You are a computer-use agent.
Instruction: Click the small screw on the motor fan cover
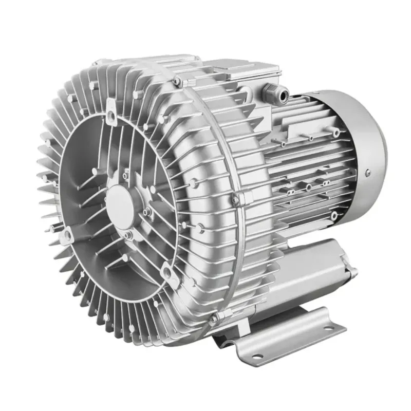368,173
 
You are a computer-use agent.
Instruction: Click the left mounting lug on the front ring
65,235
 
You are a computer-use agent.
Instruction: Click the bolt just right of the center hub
147,211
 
